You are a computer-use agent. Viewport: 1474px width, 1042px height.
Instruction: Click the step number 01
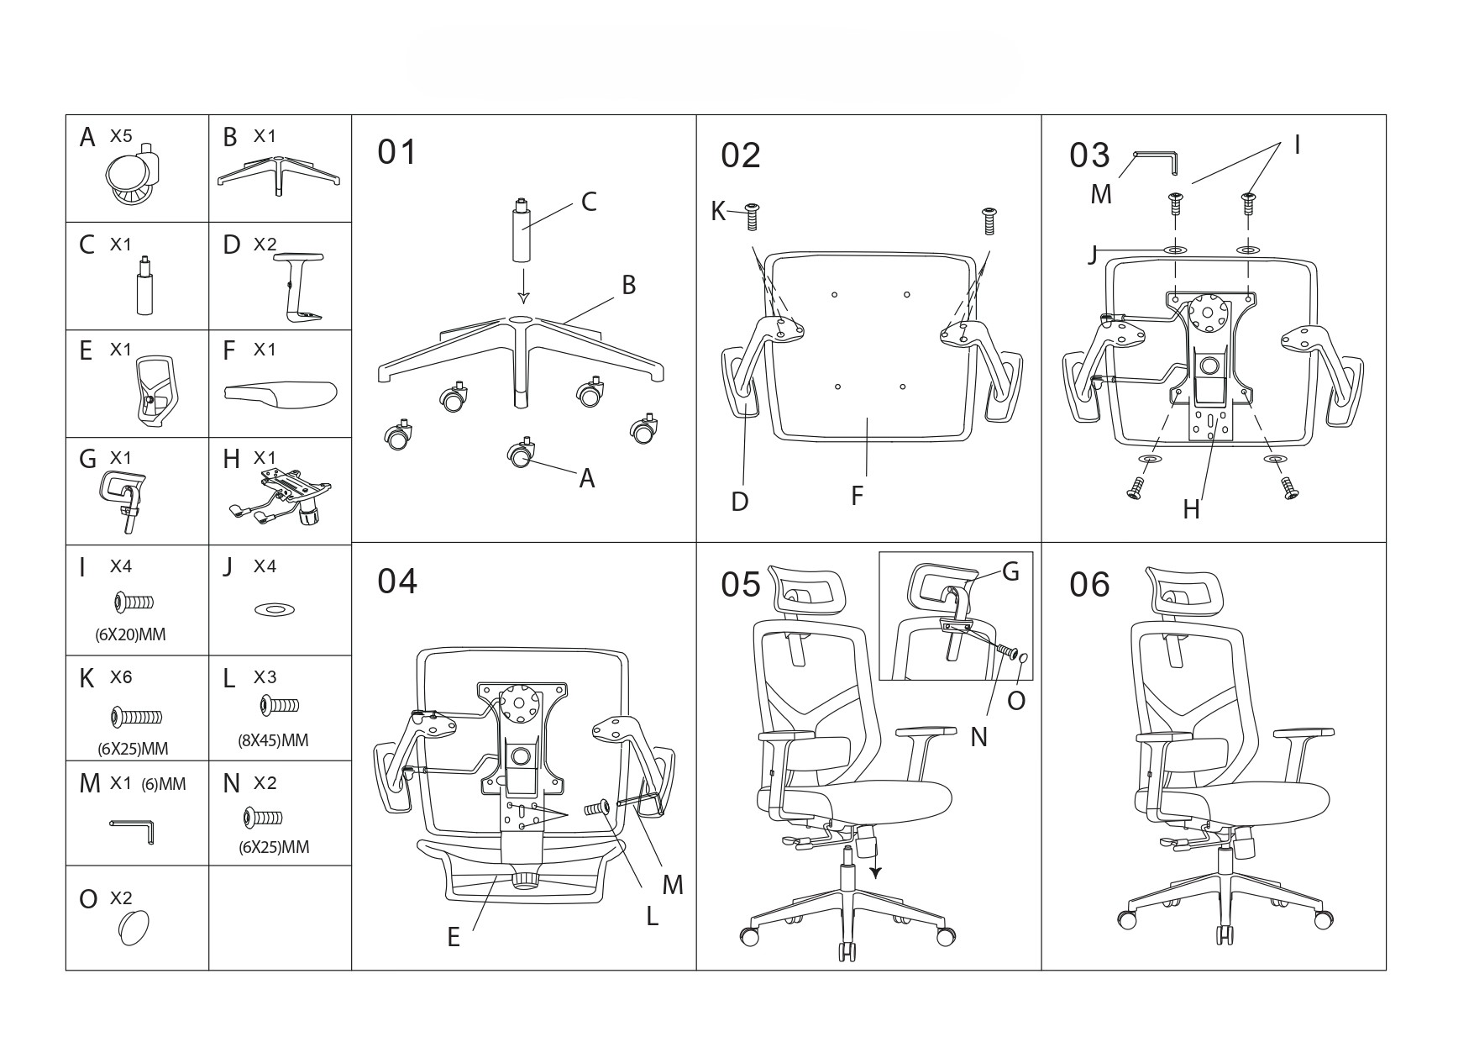[396, 153]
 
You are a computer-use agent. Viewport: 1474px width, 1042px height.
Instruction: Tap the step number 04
[396, 582]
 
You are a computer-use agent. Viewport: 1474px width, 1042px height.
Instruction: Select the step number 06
[1089, 585]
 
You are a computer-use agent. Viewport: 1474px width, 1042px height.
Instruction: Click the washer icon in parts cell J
[275, 609]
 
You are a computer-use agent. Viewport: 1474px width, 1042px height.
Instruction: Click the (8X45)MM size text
[273, 740]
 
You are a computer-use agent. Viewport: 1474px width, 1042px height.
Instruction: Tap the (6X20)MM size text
[130, 635]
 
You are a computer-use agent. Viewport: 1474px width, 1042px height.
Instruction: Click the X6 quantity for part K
[121, 677]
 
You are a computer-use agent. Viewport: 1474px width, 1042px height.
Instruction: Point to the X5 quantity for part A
[121, 135]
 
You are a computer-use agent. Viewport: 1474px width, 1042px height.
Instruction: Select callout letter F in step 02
[857, 496]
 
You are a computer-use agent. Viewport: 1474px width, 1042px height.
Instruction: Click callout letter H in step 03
[1191, 509]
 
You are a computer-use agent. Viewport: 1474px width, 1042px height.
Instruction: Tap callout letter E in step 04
[454, 937]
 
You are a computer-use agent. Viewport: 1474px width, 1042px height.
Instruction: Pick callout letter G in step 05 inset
[1010, 572]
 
